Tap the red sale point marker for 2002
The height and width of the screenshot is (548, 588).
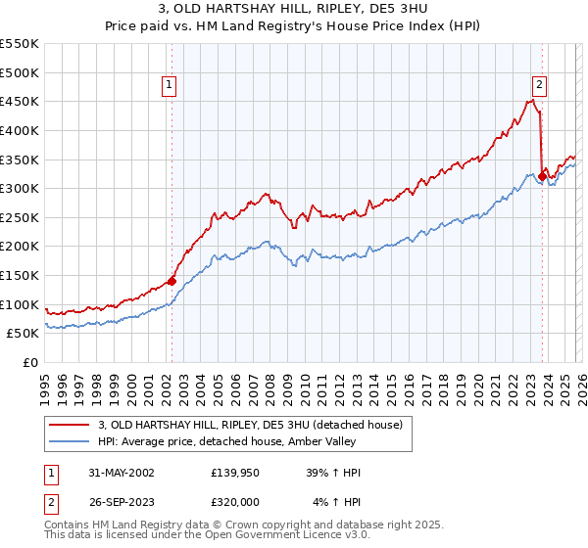point(171,281)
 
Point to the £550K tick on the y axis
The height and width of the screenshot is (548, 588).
point(20,44)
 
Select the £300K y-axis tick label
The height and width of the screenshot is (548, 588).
point(20,188)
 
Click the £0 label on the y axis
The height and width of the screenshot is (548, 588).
point(31,362)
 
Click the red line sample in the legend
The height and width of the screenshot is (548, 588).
point(70,425)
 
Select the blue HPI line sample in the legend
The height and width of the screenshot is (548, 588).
point(70,441)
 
